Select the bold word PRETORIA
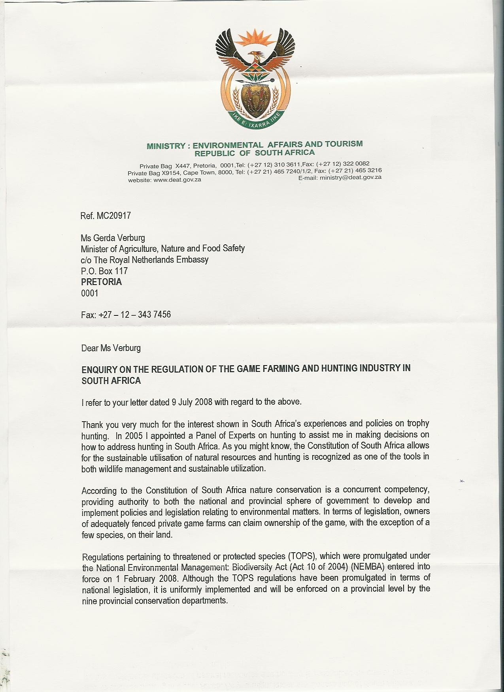coord(101,282)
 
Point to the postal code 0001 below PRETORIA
coord(89,293)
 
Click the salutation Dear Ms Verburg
coord(111,348)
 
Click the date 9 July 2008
coord(192,402)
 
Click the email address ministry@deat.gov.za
coord(351,178)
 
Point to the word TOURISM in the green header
coord(343,144)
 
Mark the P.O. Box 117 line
coord(104,271)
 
